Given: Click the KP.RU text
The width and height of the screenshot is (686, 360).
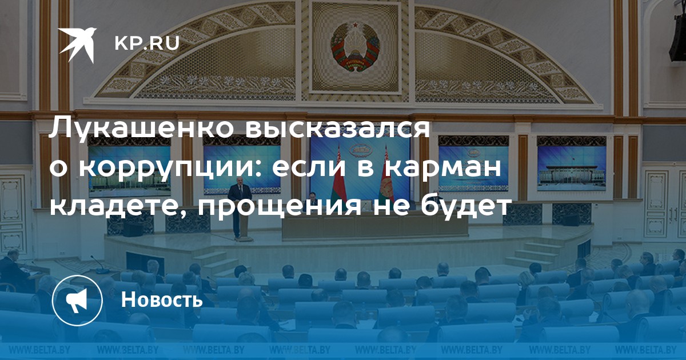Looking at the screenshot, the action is [147, 43].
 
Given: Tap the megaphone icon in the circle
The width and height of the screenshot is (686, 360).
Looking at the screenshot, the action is [78, 301].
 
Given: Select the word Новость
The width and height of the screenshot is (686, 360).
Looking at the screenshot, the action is [162, 299].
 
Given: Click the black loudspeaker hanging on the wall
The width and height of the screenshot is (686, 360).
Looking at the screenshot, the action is [678, 37].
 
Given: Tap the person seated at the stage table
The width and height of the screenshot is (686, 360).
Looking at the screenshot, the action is [312, 197].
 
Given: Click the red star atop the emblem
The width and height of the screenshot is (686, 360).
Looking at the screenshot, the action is [355, 25].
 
